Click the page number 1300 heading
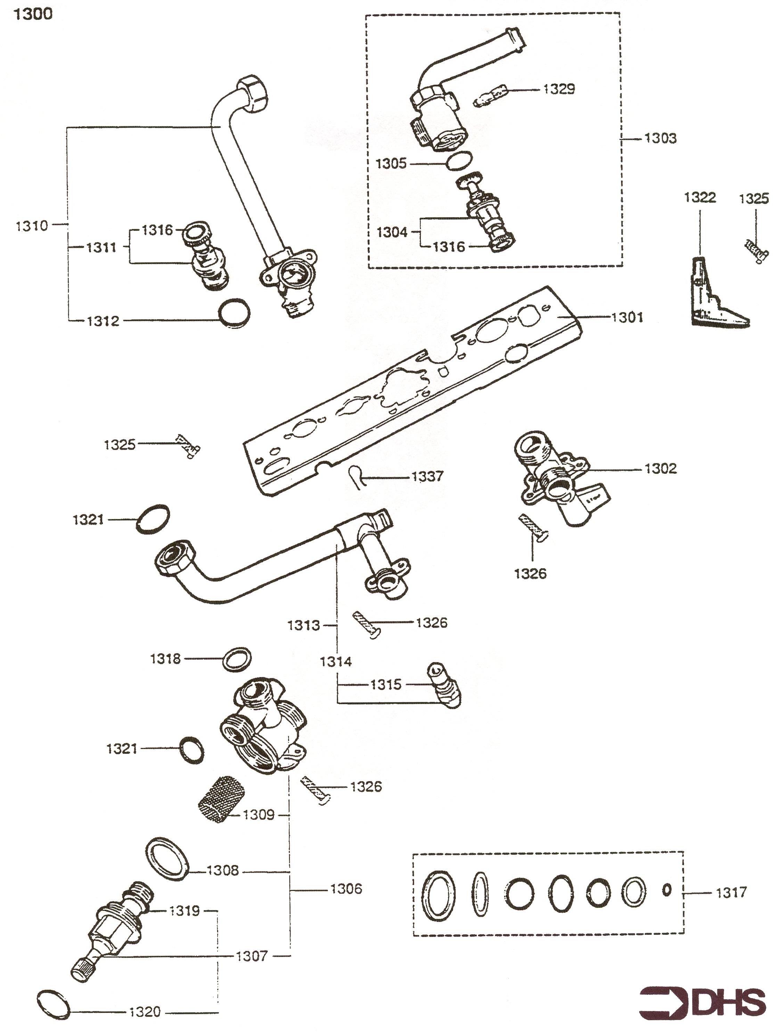33,14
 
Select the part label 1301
627,317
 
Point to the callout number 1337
427,476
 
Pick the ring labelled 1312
234,313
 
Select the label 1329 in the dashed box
559,89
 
